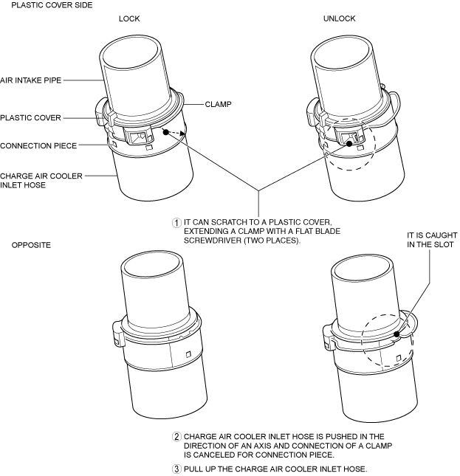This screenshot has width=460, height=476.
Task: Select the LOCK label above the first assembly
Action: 129,18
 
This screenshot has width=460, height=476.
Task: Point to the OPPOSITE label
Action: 31,244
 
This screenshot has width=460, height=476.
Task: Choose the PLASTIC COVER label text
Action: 30,117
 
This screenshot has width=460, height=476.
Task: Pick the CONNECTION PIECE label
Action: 38,145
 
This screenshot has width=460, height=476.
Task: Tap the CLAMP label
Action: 219,105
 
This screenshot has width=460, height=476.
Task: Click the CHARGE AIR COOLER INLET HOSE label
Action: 41,181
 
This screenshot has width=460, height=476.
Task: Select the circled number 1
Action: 176,222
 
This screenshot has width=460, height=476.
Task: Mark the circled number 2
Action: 176,436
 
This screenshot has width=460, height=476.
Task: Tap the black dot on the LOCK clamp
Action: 167,132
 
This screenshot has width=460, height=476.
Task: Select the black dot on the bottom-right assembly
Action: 397,334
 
